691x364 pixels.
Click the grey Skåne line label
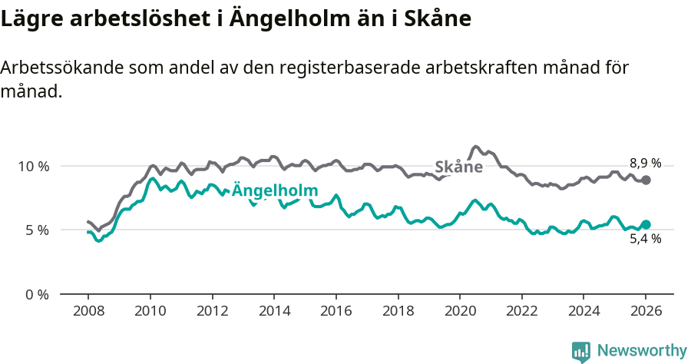point(458,167)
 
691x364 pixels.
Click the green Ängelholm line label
point(275,191)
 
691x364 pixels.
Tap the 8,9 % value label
point(645,163)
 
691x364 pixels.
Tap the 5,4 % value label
point(645,239)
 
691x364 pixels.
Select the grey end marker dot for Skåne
point(646,180)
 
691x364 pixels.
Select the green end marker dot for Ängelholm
point(646,224)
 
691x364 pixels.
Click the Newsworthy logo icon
point(581,352)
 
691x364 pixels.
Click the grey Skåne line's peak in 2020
point(475,146)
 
